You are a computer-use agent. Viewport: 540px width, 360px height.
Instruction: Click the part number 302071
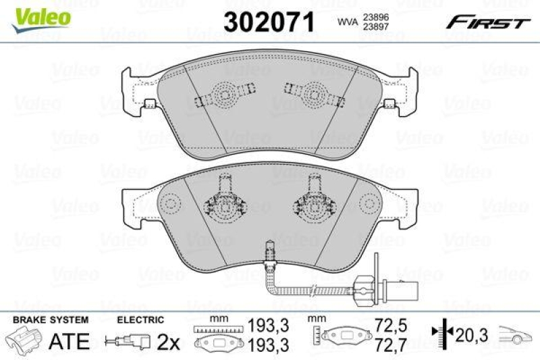click(269, 22)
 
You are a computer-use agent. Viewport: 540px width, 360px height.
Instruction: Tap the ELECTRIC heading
click(140, 319)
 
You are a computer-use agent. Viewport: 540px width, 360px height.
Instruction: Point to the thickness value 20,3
click(468, 333)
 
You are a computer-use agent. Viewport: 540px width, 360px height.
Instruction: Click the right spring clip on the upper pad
click(315, 93)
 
